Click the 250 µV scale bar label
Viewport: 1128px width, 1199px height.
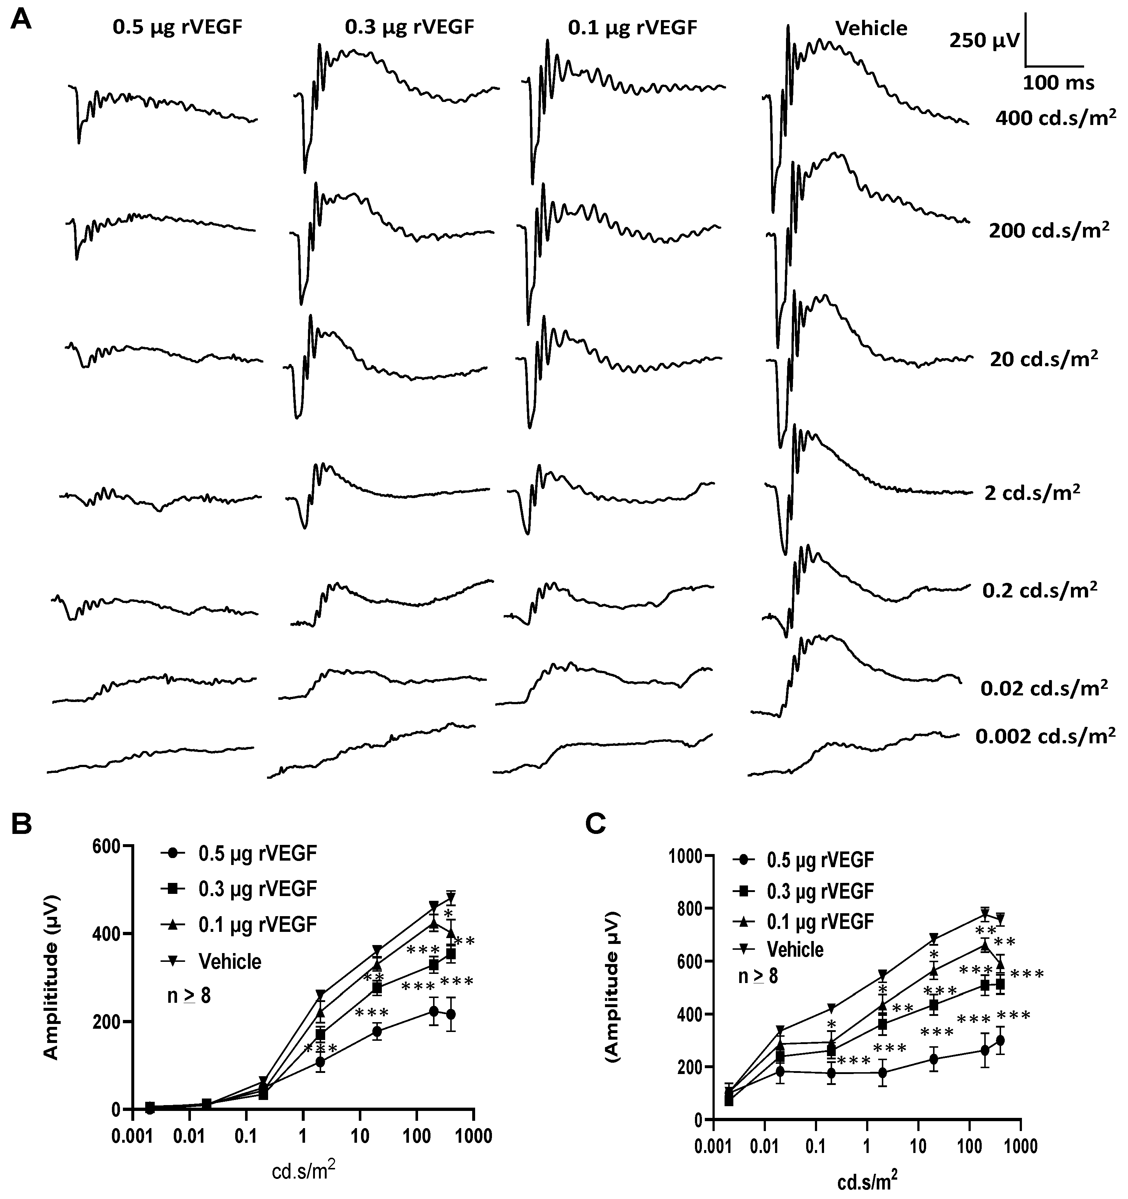click(x=984, y=41)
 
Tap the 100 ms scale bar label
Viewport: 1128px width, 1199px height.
click(x=1058, y=83)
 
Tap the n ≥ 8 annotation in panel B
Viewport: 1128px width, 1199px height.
click(x=188, y=996)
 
